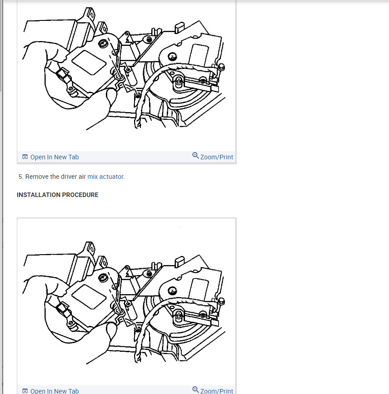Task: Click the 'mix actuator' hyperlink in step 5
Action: (x=105, y=177)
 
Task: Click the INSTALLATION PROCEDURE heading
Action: (x=57, y=195)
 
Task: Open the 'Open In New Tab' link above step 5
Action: (x=54, y=157)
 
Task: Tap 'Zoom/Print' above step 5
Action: (x=216, y=157)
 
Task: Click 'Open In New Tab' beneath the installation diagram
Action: (x=54, y=391)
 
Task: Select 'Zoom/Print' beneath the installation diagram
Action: (x=216, y=390)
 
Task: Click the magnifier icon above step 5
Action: (x=195, y=156)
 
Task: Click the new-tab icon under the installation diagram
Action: (x=25, y=391)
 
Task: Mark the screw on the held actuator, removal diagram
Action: (x=104, y=43)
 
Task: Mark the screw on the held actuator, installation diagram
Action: (x=104, y=277)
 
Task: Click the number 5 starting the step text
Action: (x=20, y=177)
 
